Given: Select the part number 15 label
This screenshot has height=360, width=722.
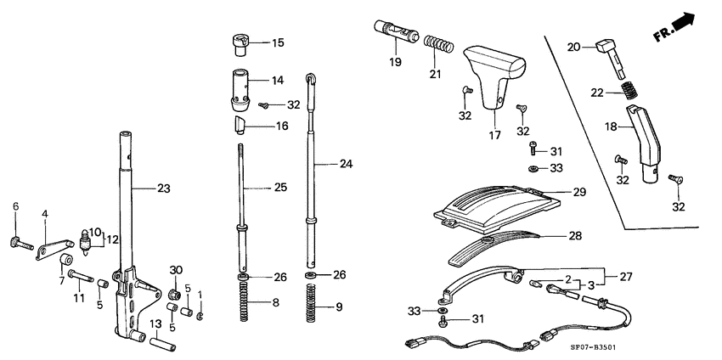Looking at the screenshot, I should tap(278, 42).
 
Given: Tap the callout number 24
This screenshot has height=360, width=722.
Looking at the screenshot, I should tap(345, 163).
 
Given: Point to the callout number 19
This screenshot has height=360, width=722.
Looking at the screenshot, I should tap(396, 62).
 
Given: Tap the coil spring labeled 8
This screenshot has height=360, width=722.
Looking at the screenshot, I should tap(243, 302).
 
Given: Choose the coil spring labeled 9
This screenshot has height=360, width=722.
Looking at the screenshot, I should tap(313, 303).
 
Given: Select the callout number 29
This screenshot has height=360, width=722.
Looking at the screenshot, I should tap(579, 193).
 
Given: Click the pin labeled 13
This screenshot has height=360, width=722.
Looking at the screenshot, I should tap(161, 346).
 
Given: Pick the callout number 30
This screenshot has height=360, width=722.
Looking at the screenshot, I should tap(175, 271).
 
